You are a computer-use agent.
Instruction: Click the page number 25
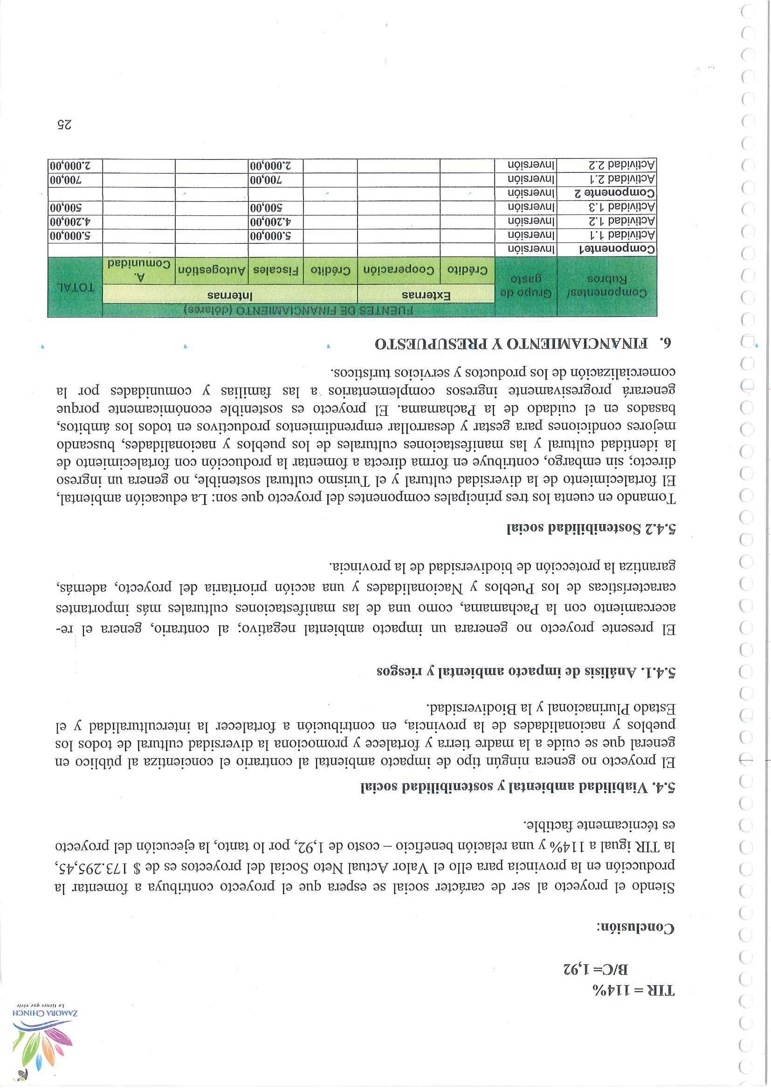64,125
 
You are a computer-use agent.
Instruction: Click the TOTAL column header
76,288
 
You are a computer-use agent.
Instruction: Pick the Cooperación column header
399,270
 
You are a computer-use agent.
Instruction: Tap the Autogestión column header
211,270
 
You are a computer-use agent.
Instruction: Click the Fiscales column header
275,270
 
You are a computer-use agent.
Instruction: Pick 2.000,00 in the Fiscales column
276,166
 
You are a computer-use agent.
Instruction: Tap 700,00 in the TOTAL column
76,180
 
